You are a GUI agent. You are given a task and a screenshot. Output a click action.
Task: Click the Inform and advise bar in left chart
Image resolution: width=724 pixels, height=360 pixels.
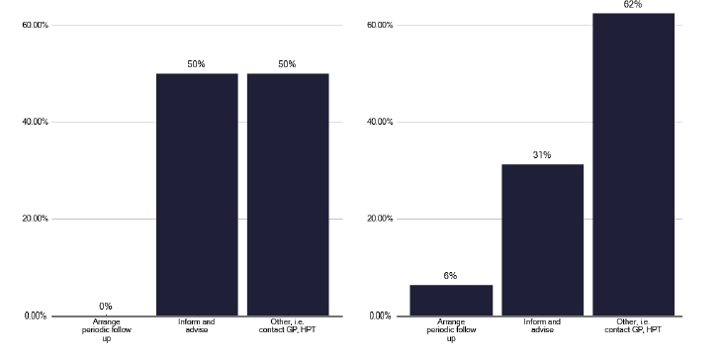click(197, 195)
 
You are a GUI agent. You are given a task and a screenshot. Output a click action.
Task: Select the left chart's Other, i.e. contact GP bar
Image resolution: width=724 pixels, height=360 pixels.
click(288, 195)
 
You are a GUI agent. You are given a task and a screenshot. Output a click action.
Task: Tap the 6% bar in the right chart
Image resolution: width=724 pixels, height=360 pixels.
click(451, 301)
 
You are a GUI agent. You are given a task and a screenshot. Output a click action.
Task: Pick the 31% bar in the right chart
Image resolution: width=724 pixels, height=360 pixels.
click(542, 240)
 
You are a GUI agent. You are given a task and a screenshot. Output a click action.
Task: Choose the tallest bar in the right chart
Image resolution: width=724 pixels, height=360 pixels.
click(633, 165)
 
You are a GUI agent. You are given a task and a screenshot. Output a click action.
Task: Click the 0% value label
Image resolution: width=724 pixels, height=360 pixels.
click(106, 307)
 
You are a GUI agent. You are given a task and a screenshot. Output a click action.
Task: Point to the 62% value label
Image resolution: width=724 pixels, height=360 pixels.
click(633, 5)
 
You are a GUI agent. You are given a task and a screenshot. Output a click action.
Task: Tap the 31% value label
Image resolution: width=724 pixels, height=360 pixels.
click(542, 155)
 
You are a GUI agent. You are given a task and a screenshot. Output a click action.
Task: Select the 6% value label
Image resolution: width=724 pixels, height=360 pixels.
click(451, 276)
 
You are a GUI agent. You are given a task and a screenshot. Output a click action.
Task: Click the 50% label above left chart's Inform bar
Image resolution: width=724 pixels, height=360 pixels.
click(197, 64)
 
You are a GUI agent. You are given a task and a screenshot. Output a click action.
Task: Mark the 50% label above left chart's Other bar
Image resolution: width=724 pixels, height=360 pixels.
click(288, 64)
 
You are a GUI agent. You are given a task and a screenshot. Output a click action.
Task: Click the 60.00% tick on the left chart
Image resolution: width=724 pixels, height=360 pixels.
click(35, 25)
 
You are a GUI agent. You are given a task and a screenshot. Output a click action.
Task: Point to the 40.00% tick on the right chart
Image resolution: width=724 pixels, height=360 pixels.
click(380, 122)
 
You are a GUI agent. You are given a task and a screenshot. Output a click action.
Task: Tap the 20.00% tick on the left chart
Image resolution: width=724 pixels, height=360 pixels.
click(35, 219)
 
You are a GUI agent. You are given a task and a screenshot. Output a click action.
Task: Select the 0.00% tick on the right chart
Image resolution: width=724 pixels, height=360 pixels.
click(382, 315)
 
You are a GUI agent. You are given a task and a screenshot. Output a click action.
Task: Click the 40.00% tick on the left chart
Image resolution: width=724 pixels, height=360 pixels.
click(35, 122)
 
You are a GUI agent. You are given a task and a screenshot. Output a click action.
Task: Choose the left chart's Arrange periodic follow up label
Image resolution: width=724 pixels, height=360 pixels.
click(106, 330)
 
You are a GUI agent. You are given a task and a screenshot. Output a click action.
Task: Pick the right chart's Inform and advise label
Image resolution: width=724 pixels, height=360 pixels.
click(542, 325)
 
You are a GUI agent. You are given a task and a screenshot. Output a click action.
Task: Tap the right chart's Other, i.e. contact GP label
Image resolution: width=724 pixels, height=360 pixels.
click(633, 325)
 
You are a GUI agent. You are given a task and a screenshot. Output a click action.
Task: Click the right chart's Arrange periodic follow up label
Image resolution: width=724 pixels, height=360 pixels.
click(451, 330)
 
